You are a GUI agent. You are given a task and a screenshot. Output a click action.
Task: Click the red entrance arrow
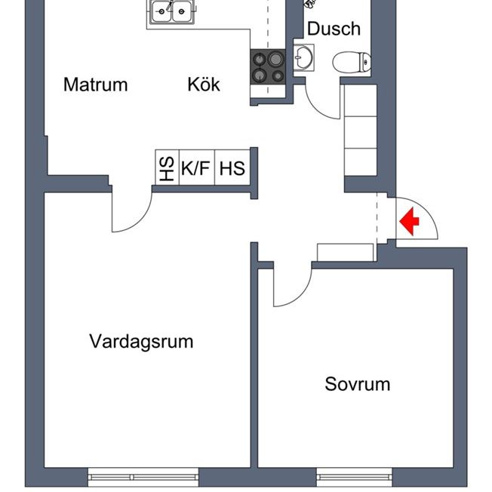[x=409, y=222]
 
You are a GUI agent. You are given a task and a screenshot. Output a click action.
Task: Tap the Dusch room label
[x=334, y=29]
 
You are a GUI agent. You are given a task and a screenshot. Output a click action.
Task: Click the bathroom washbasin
[x=305, y=57]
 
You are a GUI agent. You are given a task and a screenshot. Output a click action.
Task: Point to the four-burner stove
[x=268, y=66]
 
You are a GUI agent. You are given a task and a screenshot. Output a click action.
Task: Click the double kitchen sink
[x=171, y=11]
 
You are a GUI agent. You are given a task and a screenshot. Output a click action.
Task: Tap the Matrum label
[x=95, y=85]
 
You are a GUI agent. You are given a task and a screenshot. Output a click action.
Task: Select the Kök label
[x=204, y=85]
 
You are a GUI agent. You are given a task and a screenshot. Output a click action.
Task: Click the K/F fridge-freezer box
[x=195, y=168]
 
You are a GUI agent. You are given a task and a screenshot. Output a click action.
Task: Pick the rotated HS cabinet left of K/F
[x=166, y=168]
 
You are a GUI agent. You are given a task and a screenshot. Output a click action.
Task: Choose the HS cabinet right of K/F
[x=232, y=168]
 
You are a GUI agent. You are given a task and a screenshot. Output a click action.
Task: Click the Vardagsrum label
[x=141, y=341]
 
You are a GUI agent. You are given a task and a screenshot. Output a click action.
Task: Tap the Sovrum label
[x=357, y=384]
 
